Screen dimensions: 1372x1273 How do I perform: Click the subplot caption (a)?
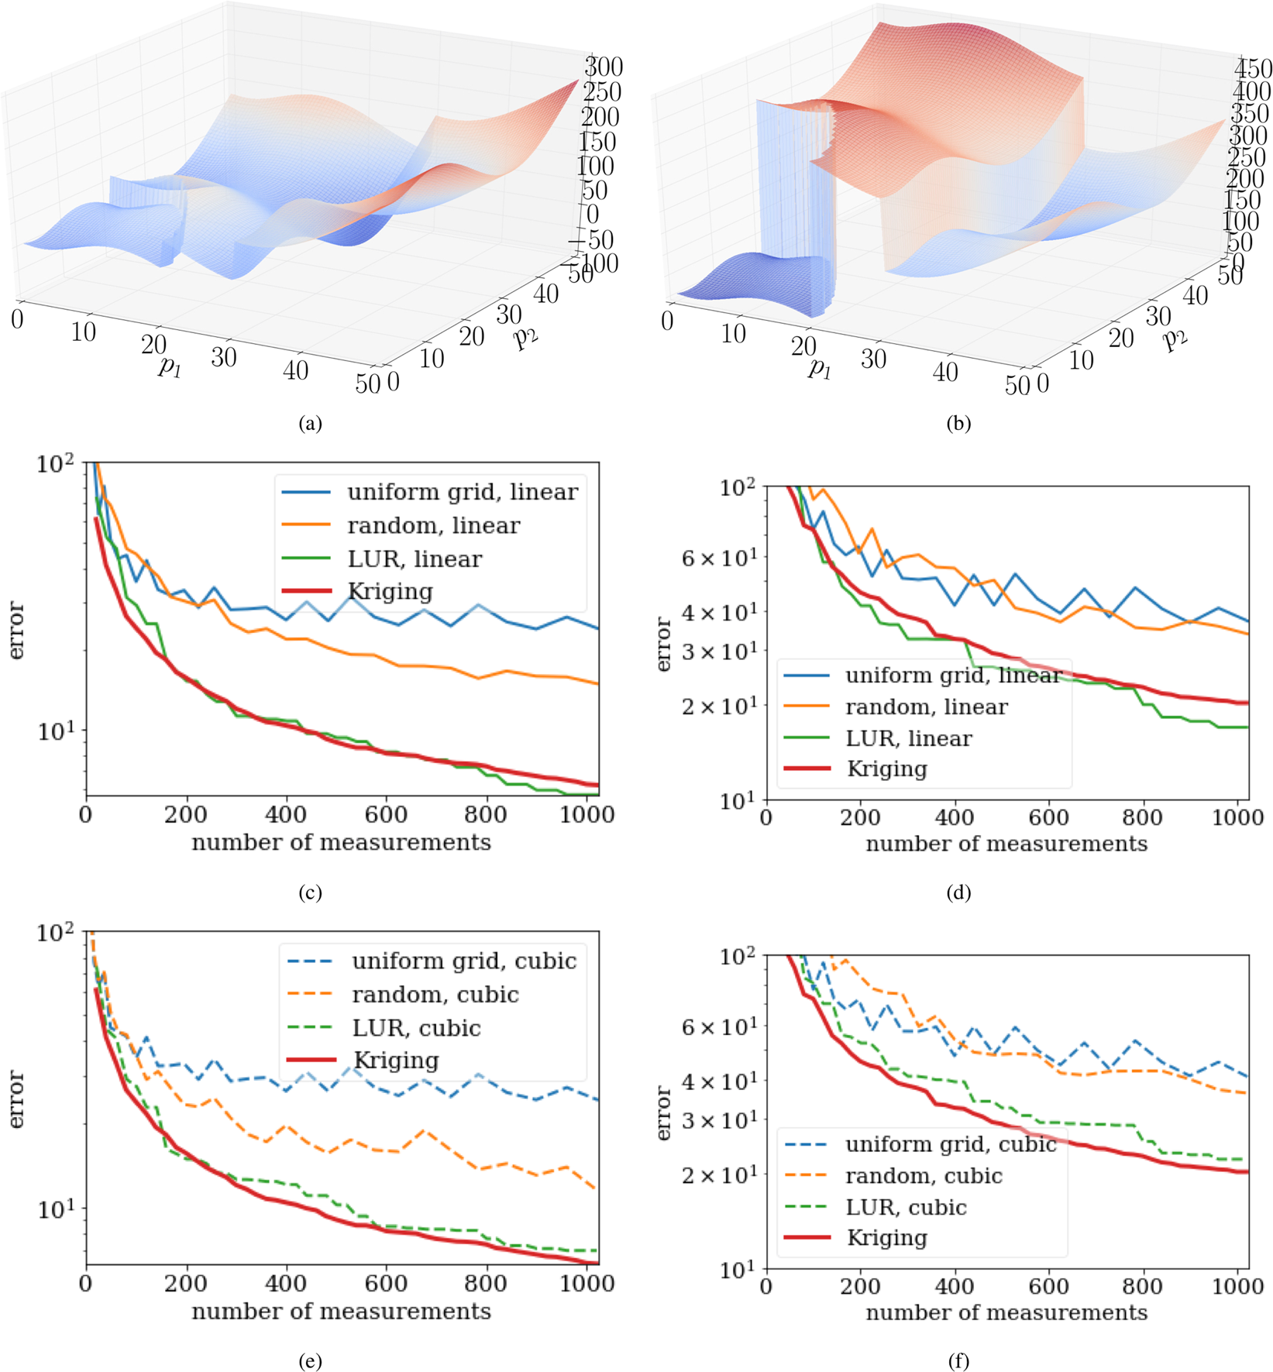pyautogui.click(x=310, y=424)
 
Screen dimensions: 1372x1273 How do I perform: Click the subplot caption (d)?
pyautogui.click(x=958, y=892)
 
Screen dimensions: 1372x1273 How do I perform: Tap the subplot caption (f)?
pyautogui.click(x=958, y=1361)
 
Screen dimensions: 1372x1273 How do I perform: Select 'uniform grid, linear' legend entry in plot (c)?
pyautogui.click(x=462, y=492)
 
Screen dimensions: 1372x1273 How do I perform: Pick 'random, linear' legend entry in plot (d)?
pyautogui.click(x=926, y=707)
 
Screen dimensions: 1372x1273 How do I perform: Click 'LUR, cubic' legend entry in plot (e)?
pyautogui.click(x=416, y=1028)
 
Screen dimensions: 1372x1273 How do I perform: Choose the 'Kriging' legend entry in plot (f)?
pyautogui.click(x=886, y=1238)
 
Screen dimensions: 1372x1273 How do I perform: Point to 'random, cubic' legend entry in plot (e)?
pyautogui.click(x=435, y=995)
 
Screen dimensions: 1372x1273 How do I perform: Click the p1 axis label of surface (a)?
pyautogui.click(x=170, y=366)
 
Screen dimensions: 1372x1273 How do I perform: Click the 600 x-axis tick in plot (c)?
pyautogui.click(x=386, y=815)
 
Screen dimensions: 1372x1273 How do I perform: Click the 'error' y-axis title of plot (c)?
pyautogui.click(x=17, y=631)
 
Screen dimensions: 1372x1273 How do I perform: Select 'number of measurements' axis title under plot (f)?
pyautogui.click(x=1006, y=1312)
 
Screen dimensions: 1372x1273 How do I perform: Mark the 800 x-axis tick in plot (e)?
pyautogui.click(x=486, y=1284)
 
